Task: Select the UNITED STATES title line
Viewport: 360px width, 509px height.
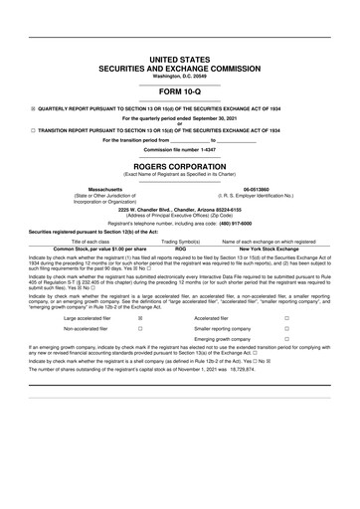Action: pos(180,61)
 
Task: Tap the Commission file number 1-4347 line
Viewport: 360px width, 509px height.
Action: pos(180,148)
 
